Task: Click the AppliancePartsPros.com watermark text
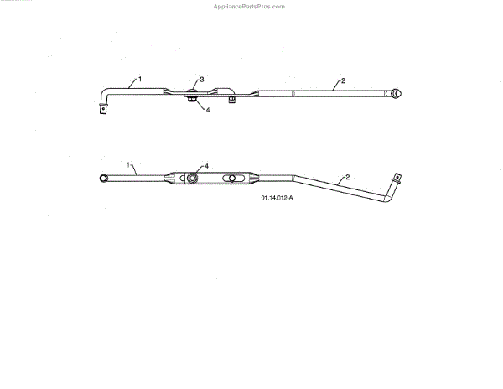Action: click(x=251, y=6)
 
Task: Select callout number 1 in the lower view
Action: click(x=130, y=165)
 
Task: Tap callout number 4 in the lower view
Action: click(x=205, y=166)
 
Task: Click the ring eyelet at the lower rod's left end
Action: click(x=104, y=178)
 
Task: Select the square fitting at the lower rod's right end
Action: click(x=397, y=177)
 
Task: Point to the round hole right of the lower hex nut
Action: click(x=229, y=178)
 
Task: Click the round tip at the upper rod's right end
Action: click(x=397, y=93)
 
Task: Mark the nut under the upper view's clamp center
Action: click(x=194, y=102)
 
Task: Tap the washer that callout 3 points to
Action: click(x=193, y=91)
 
